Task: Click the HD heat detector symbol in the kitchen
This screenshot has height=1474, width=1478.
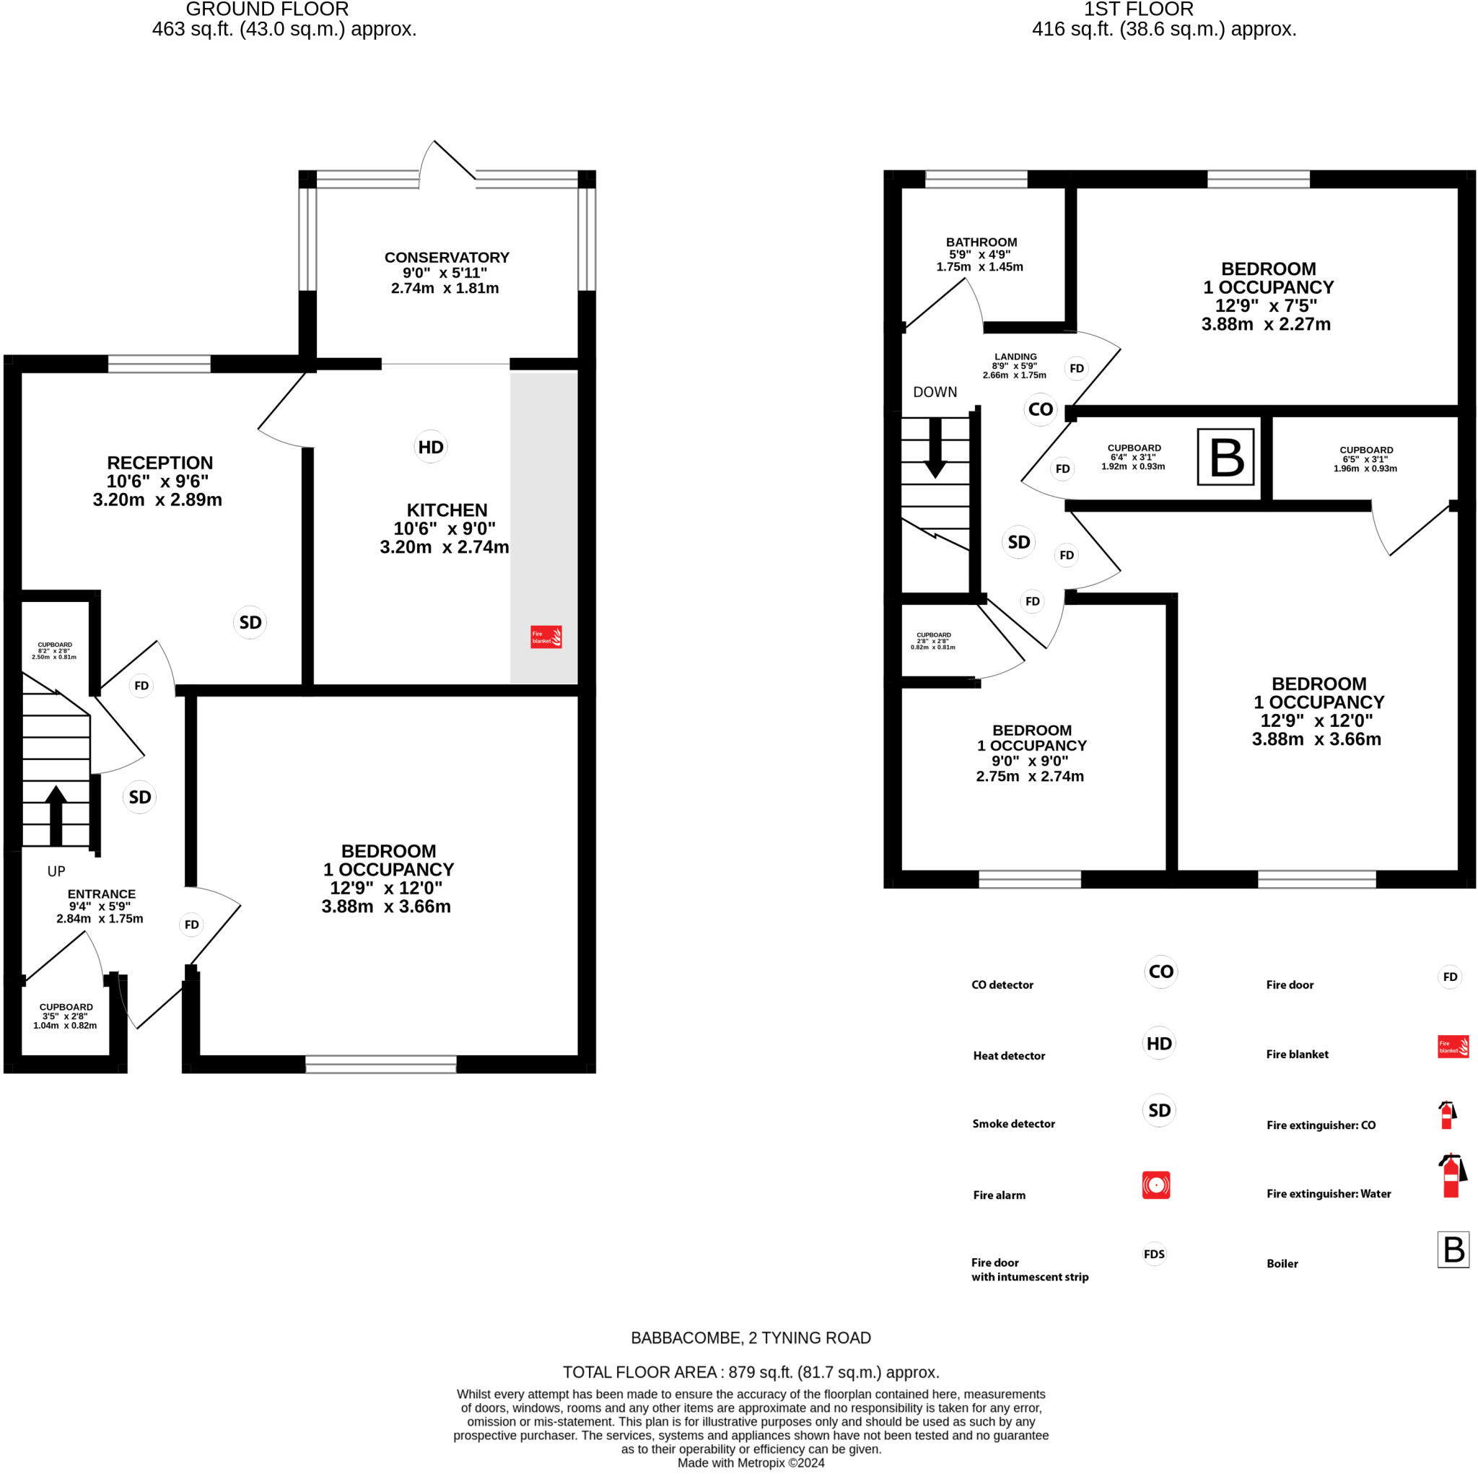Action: pos(431,447)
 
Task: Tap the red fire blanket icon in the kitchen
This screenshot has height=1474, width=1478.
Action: pos(546,637)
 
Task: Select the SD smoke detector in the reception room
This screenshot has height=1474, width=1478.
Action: pos(250,622)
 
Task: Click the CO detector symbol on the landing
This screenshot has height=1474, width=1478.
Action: pos(1041,409)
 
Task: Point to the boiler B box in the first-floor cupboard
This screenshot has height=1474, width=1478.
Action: pos(1225,457)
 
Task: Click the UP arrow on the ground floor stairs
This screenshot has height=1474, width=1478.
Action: pos(56,815)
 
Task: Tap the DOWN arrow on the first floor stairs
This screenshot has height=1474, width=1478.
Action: pos(935,448)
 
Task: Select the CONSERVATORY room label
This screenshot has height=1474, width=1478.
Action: pos(447,258)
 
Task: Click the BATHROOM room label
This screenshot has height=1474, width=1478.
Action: pos(981,242)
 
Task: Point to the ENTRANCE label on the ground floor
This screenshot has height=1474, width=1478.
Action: pos(102,894)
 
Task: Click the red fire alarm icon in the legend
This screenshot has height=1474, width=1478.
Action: pos(1156,1185)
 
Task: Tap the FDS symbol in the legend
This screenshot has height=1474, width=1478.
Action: pos(1155,1254)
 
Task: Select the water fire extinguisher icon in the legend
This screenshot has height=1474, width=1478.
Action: pos(1451,1176)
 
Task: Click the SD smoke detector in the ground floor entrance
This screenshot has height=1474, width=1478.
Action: pos(139,798)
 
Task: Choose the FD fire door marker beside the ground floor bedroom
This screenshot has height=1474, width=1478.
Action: pos(191,925)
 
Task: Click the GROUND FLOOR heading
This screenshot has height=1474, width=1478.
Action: pos(267,9)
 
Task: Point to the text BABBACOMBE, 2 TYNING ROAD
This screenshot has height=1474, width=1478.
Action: pos(751,1338)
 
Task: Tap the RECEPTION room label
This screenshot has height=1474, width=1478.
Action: pos(160,463)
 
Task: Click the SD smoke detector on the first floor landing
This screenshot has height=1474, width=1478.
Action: pos(1018,542)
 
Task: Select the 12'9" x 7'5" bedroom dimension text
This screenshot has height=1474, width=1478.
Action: pos(1266,306)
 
